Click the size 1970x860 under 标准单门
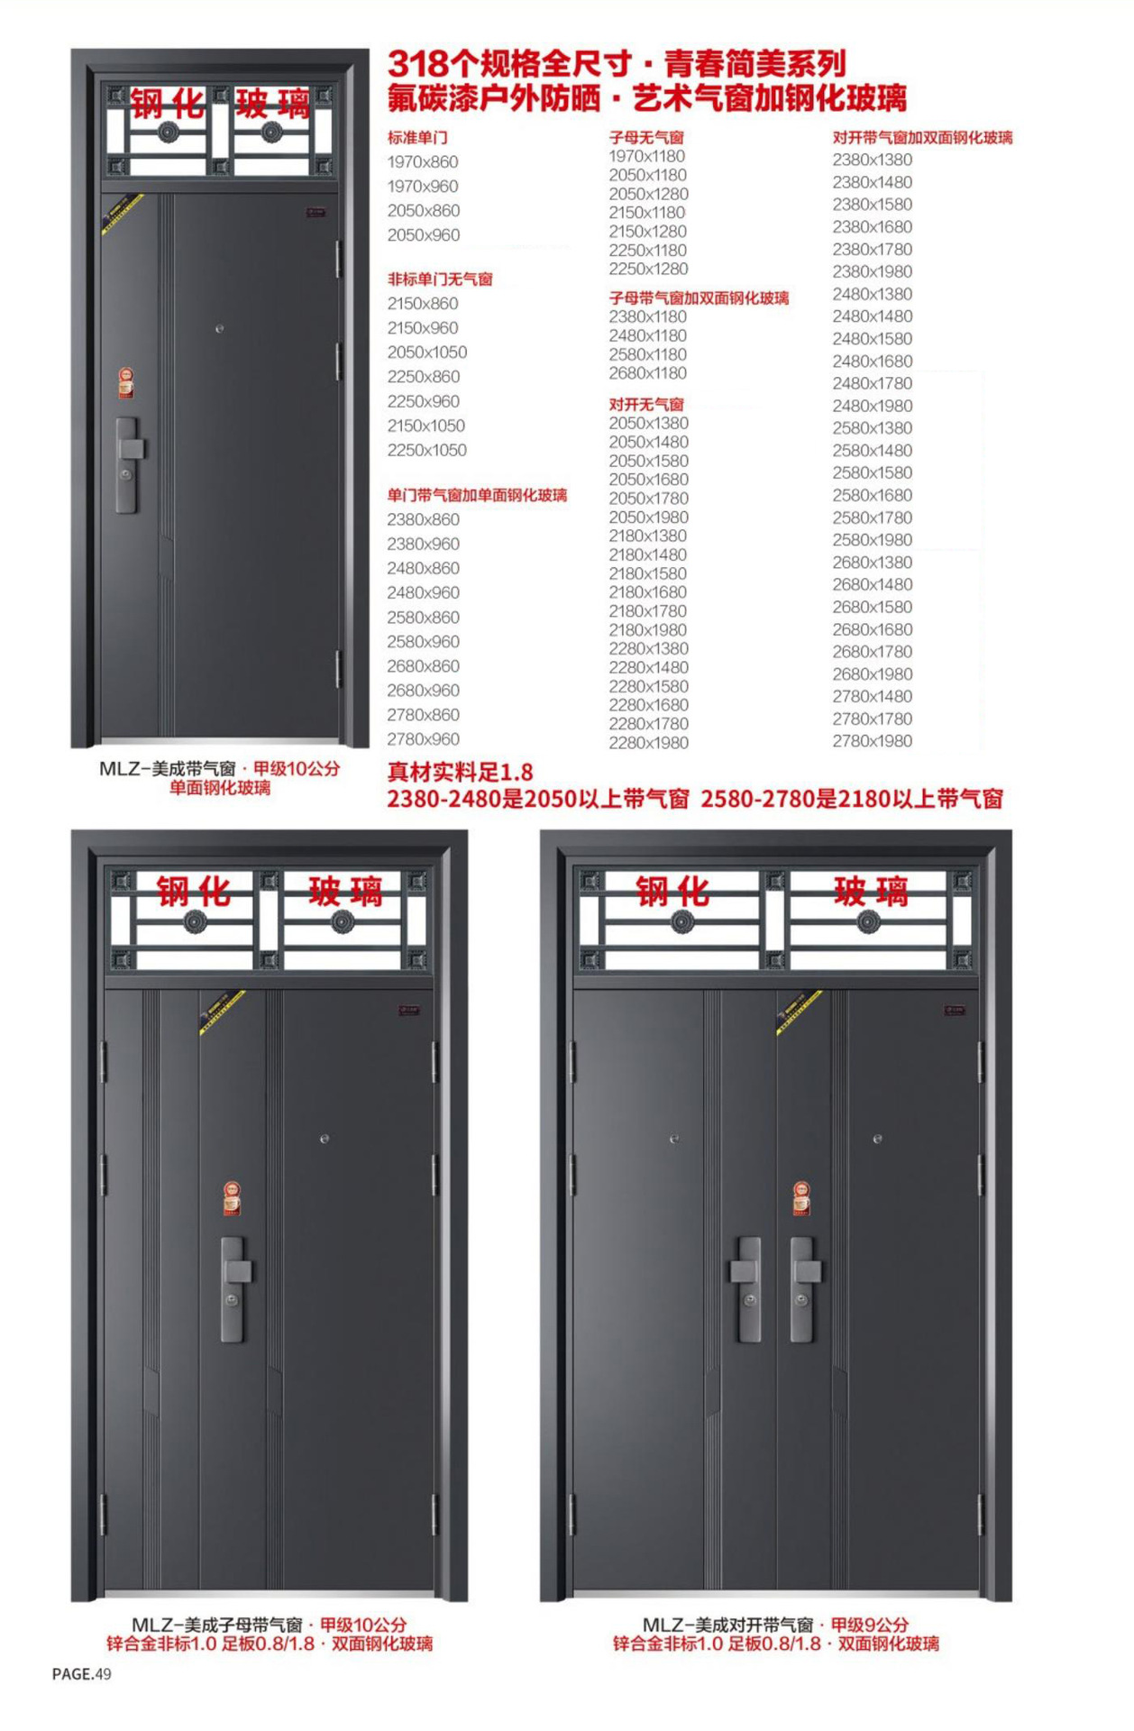pos(423,162)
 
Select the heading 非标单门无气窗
pos(440,279)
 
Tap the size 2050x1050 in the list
pos(427,353)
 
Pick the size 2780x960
pos(424,739)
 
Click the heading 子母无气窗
pos(646,138)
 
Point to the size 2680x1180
pos(648,373)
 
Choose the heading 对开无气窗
pos(646,405)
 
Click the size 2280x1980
pos(649,743)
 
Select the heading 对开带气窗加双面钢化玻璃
pos(923,138)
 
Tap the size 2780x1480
pos(873,697)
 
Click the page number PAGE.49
pos(82,1674)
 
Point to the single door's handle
pos(130,465)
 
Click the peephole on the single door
pos(219,329)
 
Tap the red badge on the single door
pos(126,382)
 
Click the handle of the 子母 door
pos(235,1289)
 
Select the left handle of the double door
pos(746,1289)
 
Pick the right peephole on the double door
pos(877,1140)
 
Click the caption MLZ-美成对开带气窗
pos(728,1625)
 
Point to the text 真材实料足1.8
pos(460,773)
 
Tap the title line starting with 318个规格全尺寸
pos(617,64)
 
